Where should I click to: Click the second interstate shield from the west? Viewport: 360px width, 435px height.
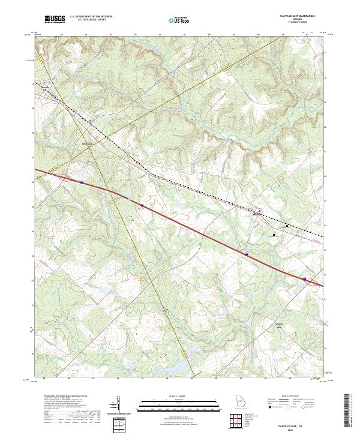coord(142,205)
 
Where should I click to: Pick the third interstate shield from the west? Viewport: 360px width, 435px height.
coord(246,254)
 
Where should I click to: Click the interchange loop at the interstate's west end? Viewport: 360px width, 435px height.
coord(63,177)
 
